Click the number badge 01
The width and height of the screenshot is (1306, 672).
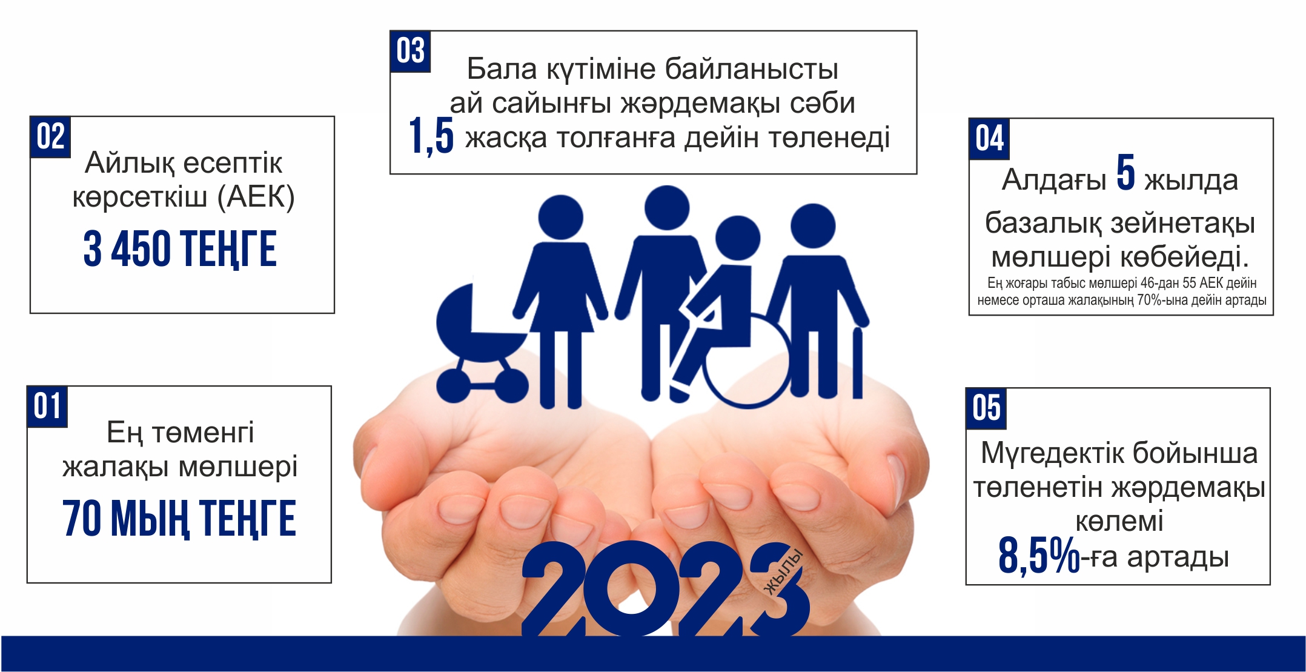(x=47, y=407)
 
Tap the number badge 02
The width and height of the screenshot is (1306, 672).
(x=50, y=137)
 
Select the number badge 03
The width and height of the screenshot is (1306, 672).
(x=410, y=52)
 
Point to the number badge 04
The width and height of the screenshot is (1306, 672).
(x=989, y=139)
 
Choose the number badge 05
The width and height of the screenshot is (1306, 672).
(x=986, y=408)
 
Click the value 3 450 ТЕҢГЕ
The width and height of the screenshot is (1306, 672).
(x=180, y=249)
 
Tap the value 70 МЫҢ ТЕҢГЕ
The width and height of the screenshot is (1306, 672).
(x=179, y=519)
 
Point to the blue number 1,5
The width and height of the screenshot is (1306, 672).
(x=431, y=136)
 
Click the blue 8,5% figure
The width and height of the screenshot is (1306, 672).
(x=1039, y=555)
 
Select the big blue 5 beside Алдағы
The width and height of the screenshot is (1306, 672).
(x=1125, y=173)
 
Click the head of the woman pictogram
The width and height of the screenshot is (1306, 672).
(x=560, y=217)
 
